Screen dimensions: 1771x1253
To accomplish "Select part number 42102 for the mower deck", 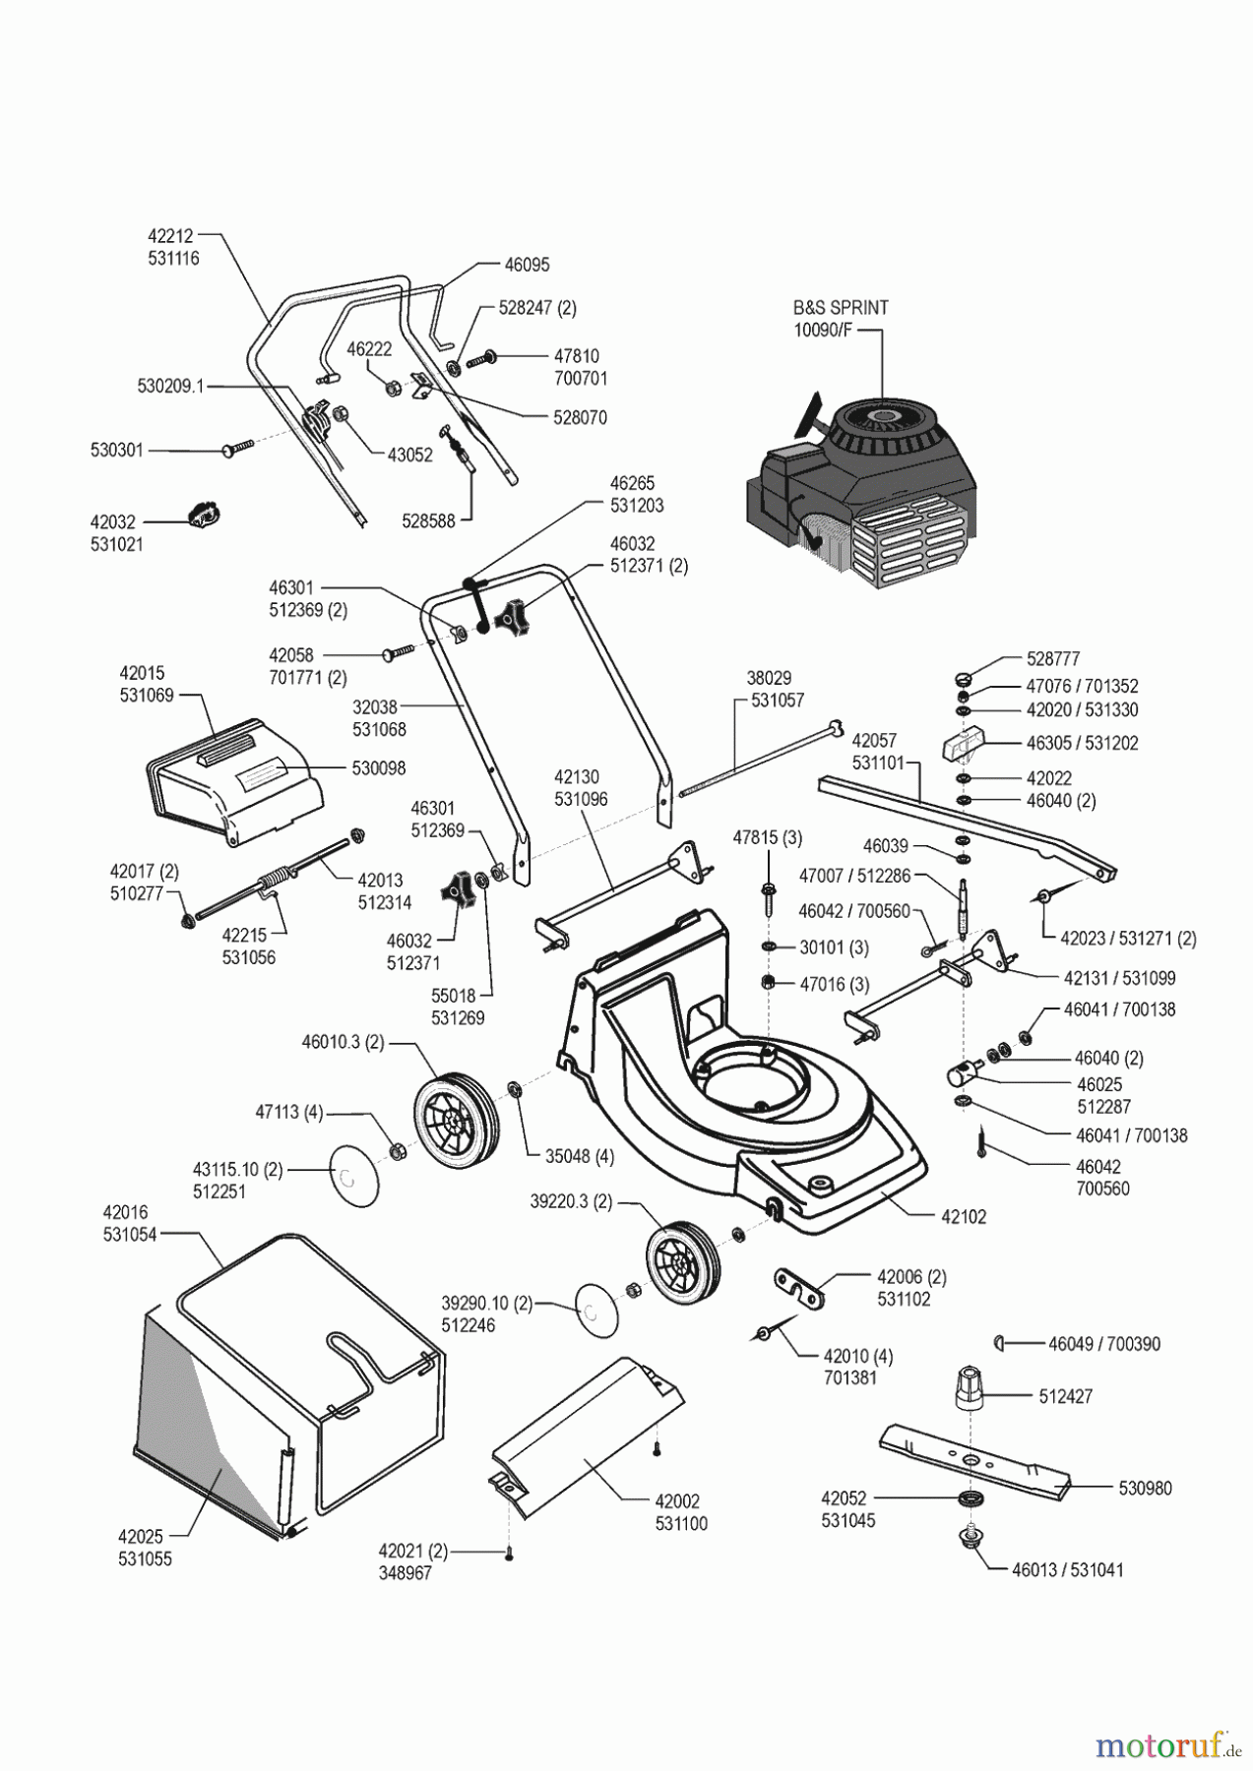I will [964, 1216].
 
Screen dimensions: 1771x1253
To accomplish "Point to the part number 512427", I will [1065, 1396].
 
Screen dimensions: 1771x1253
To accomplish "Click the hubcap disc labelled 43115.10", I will [352, 1176].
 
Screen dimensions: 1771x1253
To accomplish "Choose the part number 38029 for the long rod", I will [769, 678].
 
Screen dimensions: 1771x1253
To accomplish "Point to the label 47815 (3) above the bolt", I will [767, 838].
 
